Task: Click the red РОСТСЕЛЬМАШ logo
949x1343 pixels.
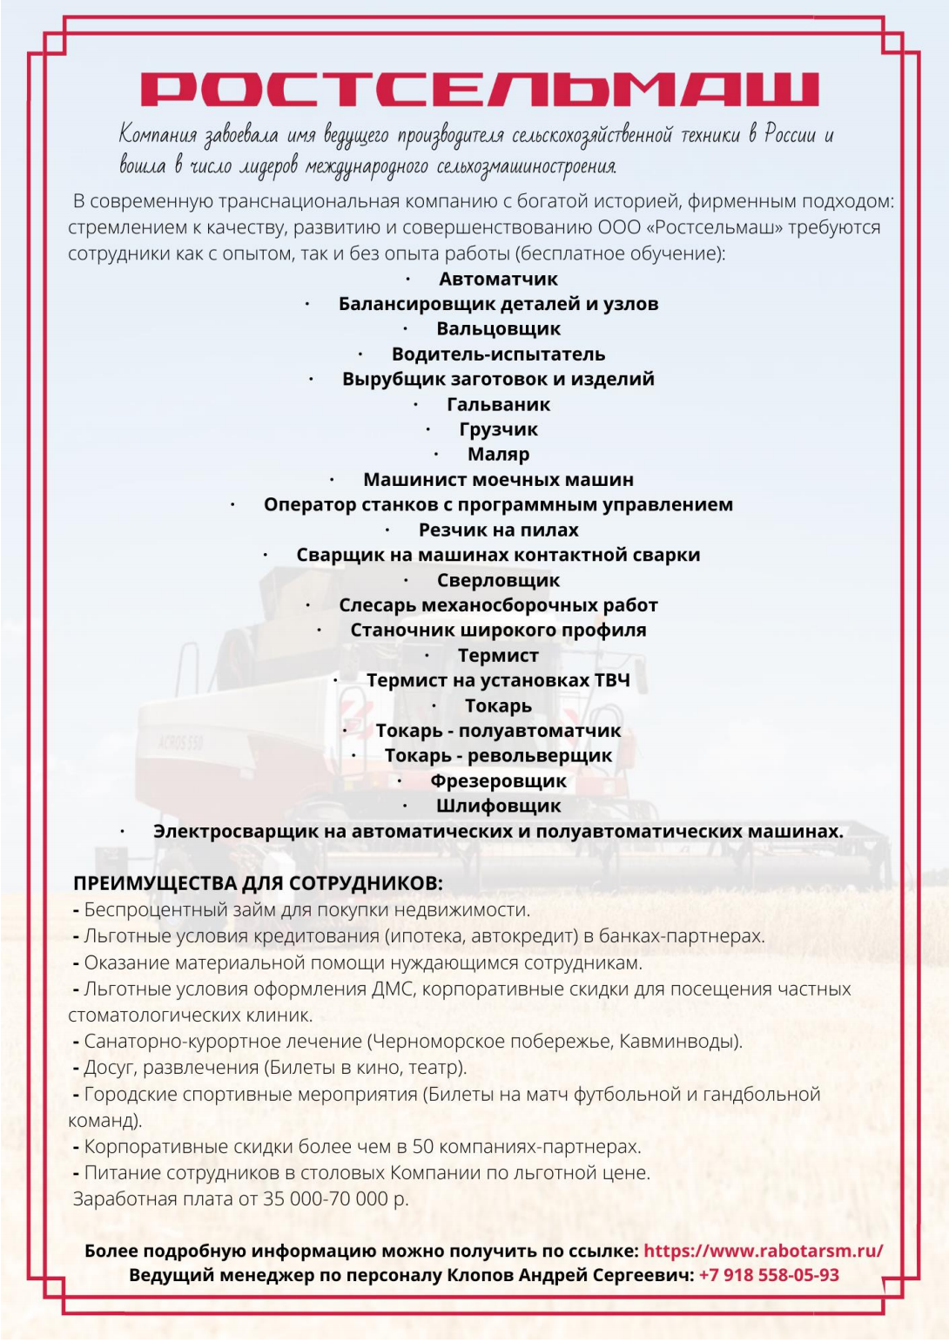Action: [479, 88]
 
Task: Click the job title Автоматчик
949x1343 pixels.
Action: [498, 280]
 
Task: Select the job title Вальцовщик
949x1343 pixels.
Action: [498, 329]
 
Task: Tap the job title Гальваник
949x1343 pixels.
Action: [498, 404]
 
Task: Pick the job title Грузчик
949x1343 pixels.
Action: [498, 429]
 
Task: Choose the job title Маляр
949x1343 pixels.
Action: [498, 455]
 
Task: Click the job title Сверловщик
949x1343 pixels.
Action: [498, 580]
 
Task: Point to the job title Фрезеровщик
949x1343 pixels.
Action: [498, 781]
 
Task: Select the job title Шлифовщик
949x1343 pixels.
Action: [498, 806]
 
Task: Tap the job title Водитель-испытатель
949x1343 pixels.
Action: [498, 354]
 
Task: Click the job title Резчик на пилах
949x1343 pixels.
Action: [498, 530]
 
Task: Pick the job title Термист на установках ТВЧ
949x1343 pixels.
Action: [498, 680]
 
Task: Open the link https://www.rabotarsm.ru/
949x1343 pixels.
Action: [763, 1251]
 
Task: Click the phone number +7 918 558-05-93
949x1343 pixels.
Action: [769, 1275]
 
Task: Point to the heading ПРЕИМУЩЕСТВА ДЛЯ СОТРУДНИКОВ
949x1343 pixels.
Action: [258, 883]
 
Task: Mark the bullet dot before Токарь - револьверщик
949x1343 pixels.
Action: [353, 755]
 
